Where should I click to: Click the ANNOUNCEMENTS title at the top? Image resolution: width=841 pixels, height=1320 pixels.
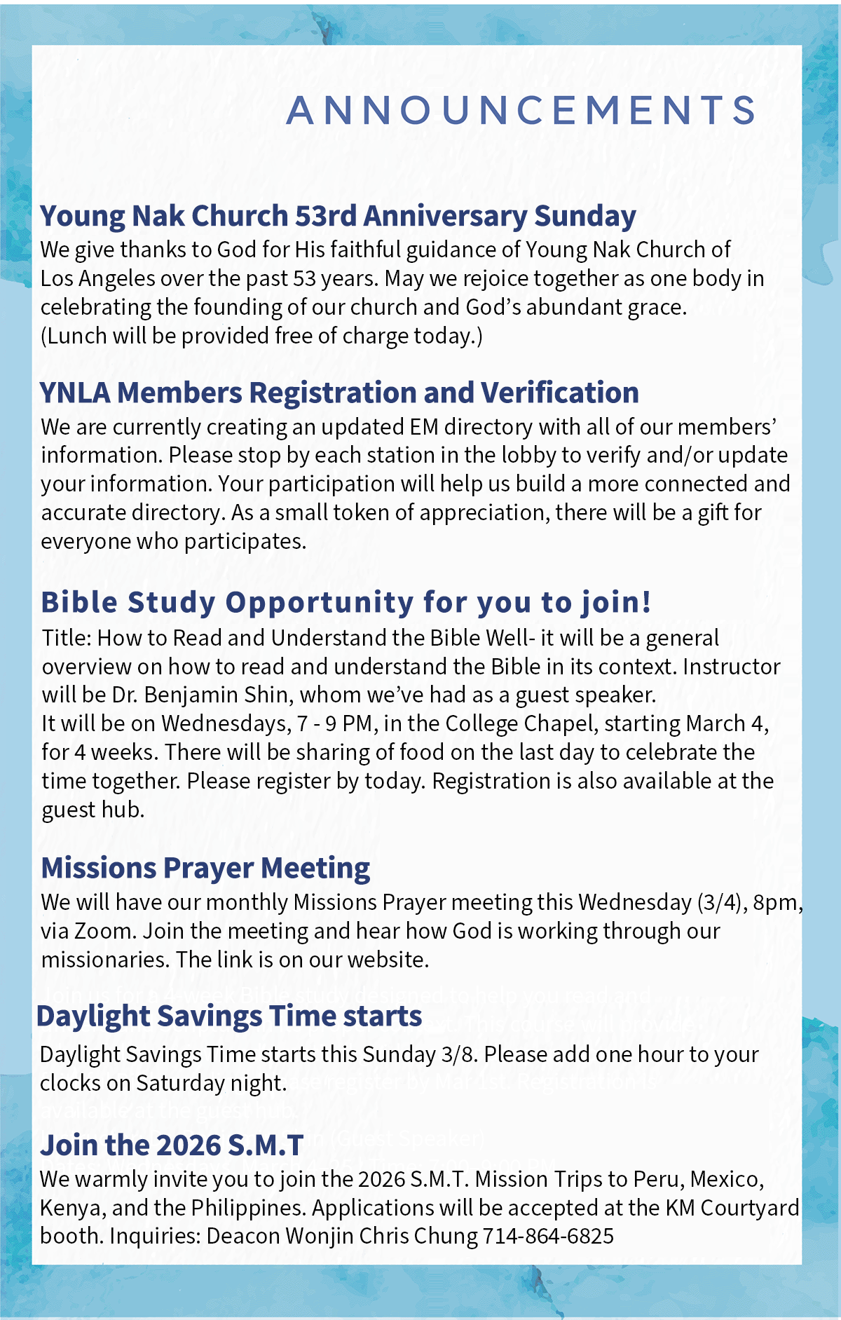click(x=521, y=110)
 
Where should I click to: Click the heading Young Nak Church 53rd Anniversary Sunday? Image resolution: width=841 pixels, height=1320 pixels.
click(x=338, y=216)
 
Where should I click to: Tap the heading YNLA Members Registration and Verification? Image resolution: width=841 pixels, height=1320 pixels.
click(x=339, y=393)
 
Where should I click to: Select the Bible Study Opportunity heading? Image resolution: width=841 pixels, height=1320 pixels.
click(x=346, y=602)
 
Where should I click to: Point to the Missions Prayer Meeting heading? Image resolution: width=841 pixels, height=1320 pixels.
click(x=205, y=868)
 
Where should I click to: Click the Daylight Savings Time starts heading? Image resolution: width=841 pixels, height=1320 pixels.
click(x=229, y=1016)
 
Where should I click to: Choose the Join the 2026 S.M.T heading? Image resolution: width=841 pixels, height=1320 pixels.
click(x=172, y=1145)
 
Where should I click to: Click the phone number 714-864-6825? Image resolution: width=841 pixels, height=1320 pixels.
click(x=548, y=1236)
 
